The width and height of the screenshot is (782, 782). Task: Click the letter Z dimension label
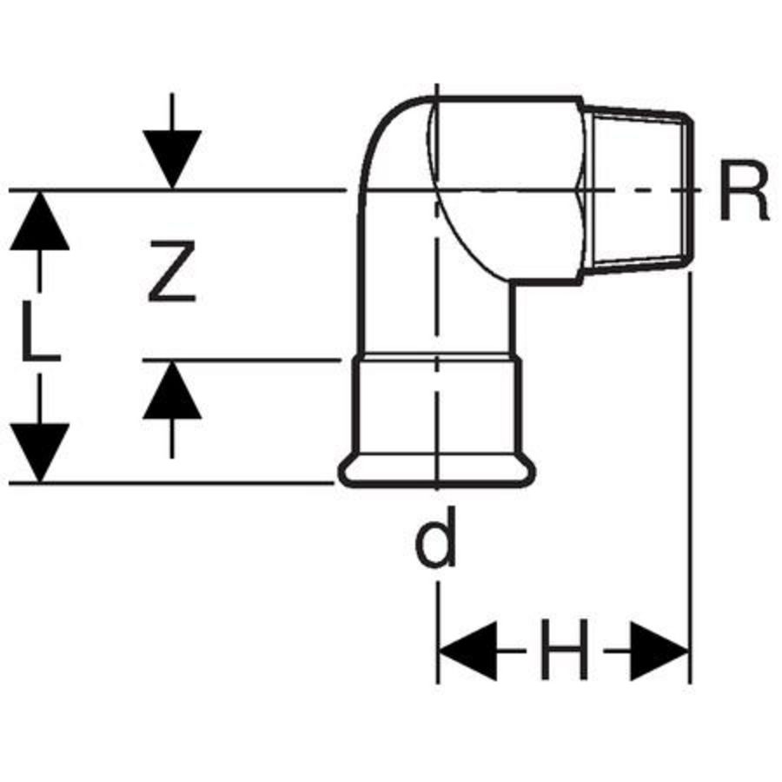(172, 271)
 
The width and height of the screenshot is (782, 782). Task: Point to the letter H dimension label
(563, 649)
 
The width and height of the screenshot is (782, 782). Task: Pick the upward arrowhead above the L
(39, 222)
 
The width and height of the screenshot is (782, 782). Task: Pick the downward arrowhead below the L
(39, 452)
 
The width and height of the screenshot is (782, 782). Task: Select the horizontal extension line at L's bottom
(174, 482)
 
